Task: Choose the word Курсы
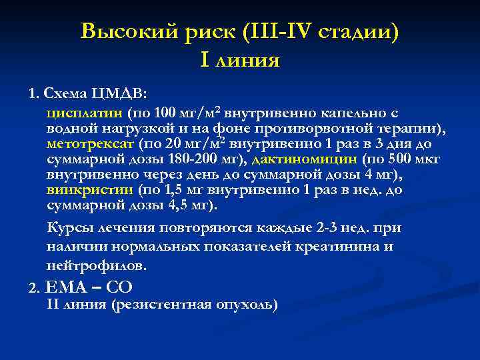pyautogui.click(x=69, y=227)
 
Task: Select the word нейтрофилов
pyautogui.click(x=95, y=265)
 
